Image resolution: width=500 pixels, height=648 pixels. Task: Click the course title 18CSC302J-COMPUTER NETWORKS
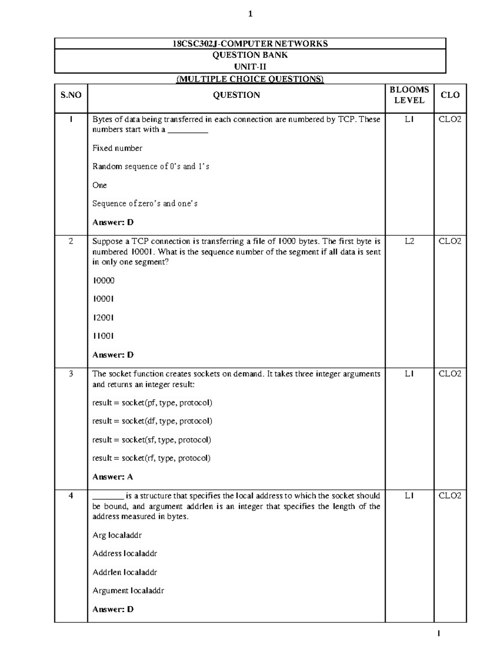point(250,43)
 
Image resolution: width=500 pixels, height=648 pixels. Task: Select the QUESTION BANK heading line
point(250,55)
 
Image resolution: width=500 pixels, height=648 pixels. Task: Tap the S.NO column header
point(71,95)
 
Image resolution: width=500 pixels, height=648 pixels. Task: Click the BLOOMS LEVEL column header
point(409,95)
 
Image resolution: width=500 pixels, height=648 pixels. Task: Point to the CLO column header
point(450,95)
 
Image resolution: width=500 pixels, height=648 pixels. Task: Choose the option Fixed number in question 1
point(117,148)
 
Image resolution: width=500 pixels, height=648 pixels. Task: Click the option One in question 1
point(100,185)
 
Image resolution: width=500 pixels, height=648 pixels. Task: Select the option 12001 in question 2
point(103,318)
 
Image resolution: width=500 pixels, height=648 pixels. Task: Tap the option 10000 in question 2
point(103,280)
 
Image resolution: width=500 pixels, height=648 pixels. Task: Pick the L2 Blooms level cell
point(409,241)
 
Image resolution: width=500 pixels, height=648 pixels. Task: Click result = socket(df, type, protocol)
point(152,421)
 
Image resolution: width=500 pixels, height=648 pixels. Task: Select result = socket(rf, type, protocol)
point(151,458)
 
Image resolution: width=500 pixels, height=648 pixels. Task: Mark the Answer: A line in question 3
point(112,477)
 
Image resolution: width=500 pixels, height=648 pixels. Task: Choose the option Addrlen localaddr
point(125,572)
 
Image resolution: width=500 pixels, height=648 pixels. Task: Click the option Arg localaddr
point(117,535)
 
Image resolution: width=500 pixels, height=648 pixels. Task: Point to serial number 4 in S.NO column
point(71,496)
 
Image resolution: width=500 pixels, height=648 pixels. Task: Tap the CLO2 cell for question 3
point(450,374)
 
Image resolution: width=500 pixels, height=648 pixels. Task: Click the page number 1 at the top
point(250,14)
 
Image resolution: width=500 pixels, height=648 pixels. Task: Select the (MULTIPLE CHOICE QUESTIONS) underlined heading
point(250,79)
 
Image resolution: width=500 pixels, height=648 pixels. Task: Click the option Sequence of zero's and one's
point(145,204)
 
